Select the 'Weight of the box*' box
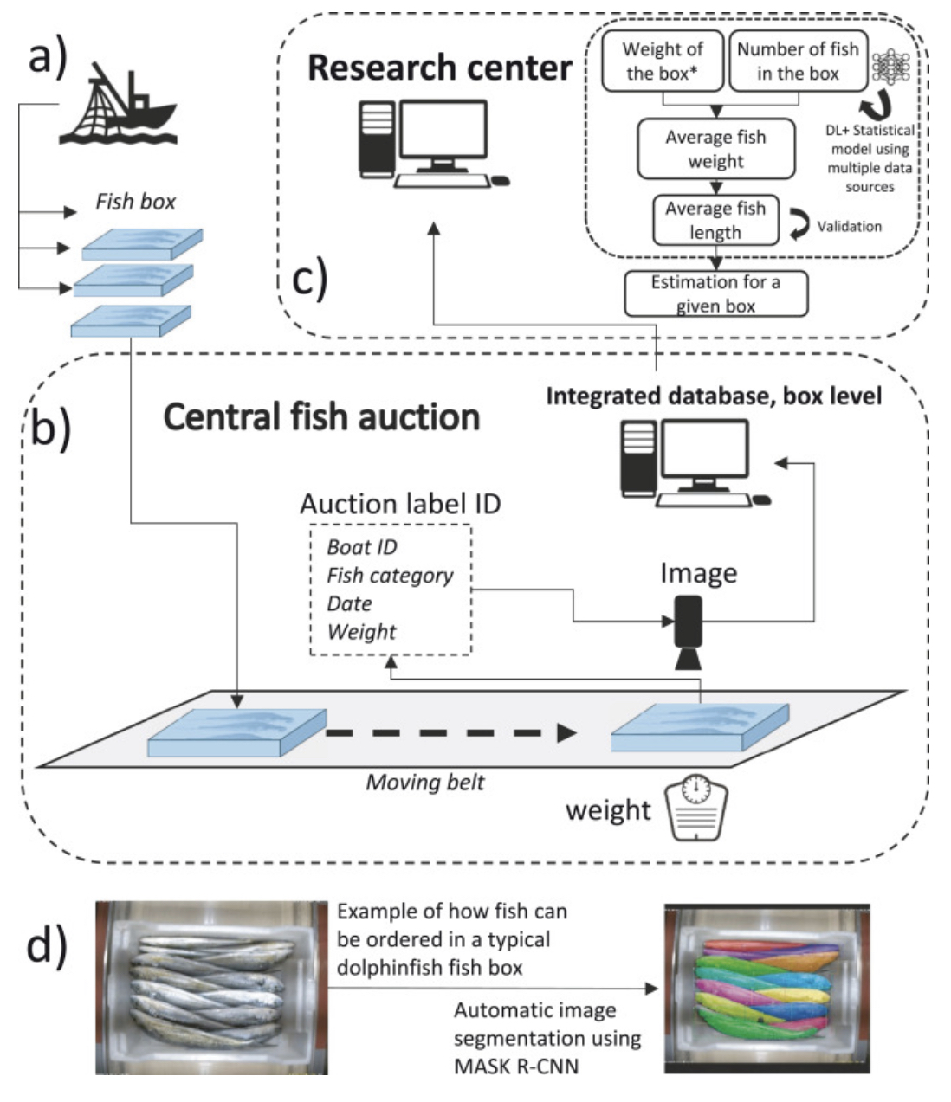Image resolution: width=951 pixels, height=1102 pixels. pos(663,61)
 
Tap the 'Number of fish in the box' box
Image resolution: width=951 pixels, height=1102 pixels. pos(797,61)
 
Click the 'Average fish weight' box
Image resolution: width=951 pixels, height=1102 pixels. pos(715,149)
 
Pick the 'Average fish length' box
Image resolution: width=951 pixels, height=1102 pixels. pos(715,220)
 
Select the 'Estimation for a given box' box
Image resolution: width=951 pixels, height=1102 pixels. pos(715,293)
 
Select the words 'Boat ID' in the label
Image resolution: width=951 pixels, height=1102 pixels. pos(361,547)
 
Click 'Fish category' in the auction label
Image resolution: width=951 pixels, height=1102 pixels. pos(390,576)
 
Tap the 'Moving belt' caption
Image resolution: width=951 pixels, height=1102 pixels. pos(424,783)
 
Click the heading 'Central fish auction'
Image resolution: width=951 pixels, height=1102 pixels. pos(321,417)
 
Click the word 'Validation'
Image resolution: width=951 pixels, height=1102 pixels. pos(849,226)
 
